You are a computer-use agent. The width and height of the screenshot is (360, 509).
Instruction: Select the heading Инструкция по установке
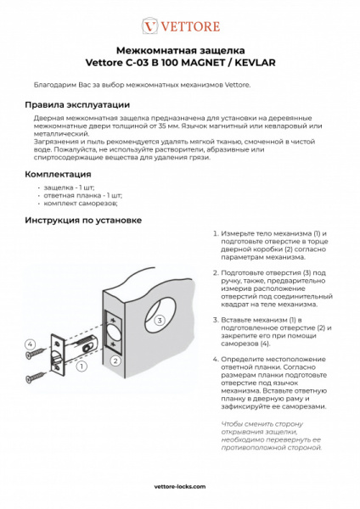pos(82,220)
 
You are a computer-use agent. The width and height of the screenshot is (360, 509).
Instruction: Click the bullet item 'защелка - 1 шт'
pos(69,187)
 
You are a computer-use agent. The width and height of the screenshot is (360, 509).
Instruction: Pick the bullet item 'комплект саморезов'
pos(81,204)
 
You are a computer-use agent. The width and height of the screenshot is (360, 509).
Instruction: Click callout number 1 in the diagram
pos(81,367)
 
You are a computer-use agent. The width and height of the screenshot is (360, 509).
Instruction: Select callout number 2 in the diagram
pos(113,360)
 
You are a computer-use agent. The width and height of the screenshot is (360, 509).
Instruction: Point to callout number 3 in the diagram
pos(159,321)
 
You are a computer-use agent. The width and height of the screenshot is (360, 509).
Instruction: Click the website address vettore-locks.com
pos(180,488)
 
